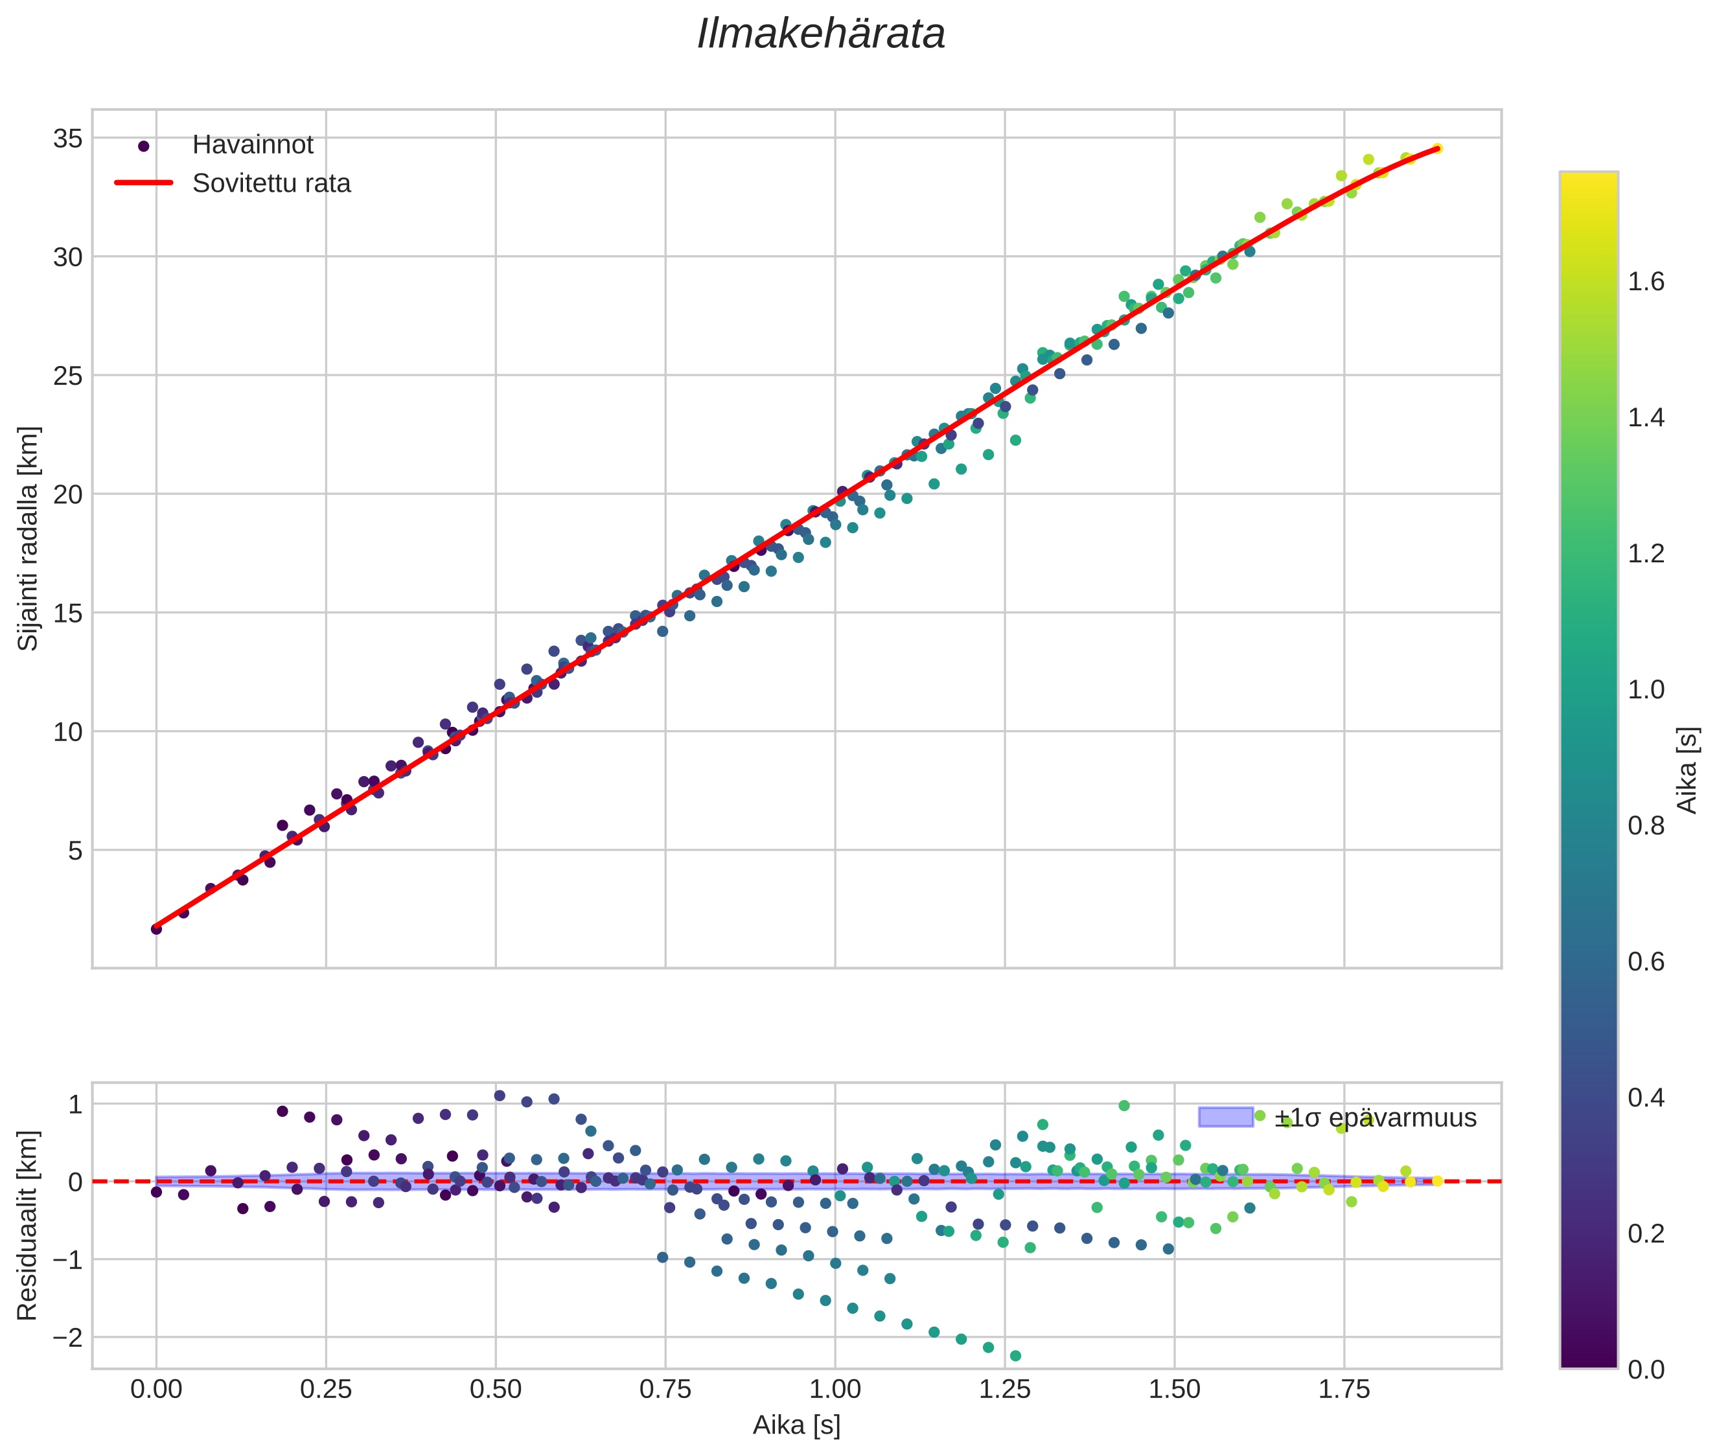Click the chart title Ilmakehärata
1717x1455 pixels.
(820, 34)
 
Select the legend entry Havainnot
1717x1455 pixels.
(253, 145)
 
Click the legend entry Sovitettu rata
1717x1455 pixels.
(271, 183)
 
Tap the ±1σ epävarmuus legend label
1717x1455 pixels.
(1375, 1119)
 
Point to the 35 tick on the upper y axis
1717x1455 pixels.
(67, 139)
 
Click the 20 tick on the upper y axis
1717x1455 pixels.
(67, 495)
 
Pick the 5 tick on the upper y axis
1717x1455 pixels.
(75, 851)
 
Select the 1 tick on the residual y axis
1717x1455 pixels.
(75, 1105)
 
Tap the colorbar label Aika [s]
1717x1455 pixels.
(1688, 770)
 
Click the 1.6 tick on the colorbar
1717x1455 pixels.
(1646, 282)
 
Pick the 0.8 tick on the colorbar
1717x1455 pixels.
(1646, 826)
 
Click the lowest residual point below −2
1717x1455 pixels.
(1015, 1356)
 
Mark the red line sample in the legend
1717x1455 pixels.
(144, 183)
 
